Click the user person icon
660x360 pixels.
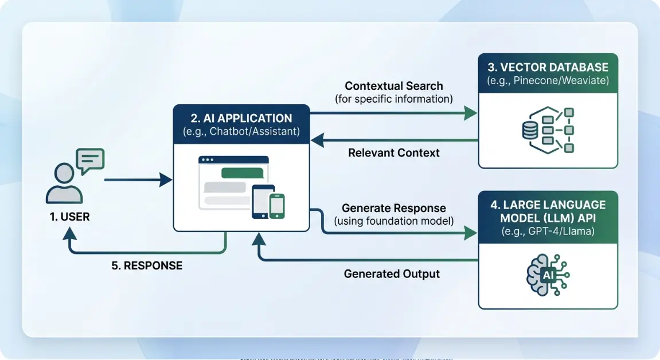(x=64, y=183)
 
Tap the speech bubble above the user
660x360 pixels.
(x=90, y=160)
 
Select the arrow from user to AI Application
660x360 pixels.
(x=138, y=180)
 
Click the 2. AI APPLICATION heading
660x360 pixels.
(x=241, y=119)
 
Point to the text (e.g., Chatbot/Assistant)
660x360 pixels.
(x=241, y=132)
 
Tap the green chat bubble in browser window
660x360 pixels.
(x=242, y=173)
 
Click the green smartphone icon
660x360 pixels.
(x=277, y=205)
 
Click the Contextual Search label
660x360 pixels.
(x=393, y=86)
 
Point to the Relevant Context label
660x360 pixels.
(x=393, y=152)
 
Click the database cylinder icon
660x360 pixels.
(x=529, y=131)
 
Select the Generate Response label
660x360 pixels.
(x=393, y=208)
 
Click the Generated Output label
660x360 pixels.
(x=392, y=274)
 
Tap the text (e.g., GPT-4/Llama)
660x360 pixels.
(x=548, y=231)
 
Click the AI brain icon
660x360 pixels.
(x=548, y=276)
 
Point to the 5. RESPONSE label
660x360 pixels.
(x=146, y=265)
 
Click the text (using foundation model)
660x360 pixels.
(x=393, y=221)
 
